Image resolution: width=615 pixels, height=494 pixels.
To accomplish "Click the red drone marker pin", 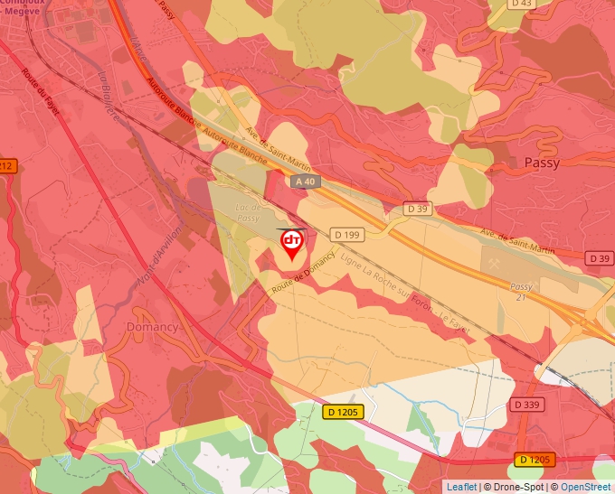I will click(x=292, y=244).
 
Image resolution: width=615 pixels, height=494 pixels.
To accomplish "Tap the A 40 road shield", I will click(x=306, y=182).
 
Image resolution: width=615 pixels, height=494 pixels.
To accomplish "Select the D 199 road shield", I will click(x=346, y=235).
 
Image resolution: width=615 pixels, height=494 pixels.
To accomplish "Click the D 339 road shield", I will click(x=526, y=405).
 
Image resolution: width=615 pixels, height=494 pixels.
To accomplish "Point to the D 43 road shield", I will click(x=522, y=4).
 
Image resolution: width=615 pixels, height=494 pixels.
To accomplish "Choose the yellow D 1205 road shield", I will click(x=342, y=412).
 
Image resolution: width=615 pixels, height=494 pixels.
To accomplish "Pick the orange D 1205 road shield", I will click(x=535, y=460).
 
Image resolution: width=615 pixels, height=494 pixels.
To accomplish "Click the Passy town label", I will click(x=542, y=163).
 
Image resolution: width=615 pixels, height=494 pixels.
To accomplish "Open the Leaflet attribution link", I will click(x=461, y=487).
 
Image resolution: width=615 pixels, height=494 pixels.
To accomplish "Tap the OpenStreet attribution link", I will click(x=586, y=487).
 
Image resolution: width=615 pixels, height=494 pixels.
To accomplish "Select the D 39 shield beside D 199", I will click(x=417, y=209).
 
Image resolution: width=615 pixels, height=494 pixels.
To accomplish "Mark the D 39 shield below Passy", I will click(x=599, y=258).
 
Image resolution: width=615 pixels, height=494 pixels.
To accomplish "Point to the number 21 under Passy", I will click(x=521, y=297).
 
